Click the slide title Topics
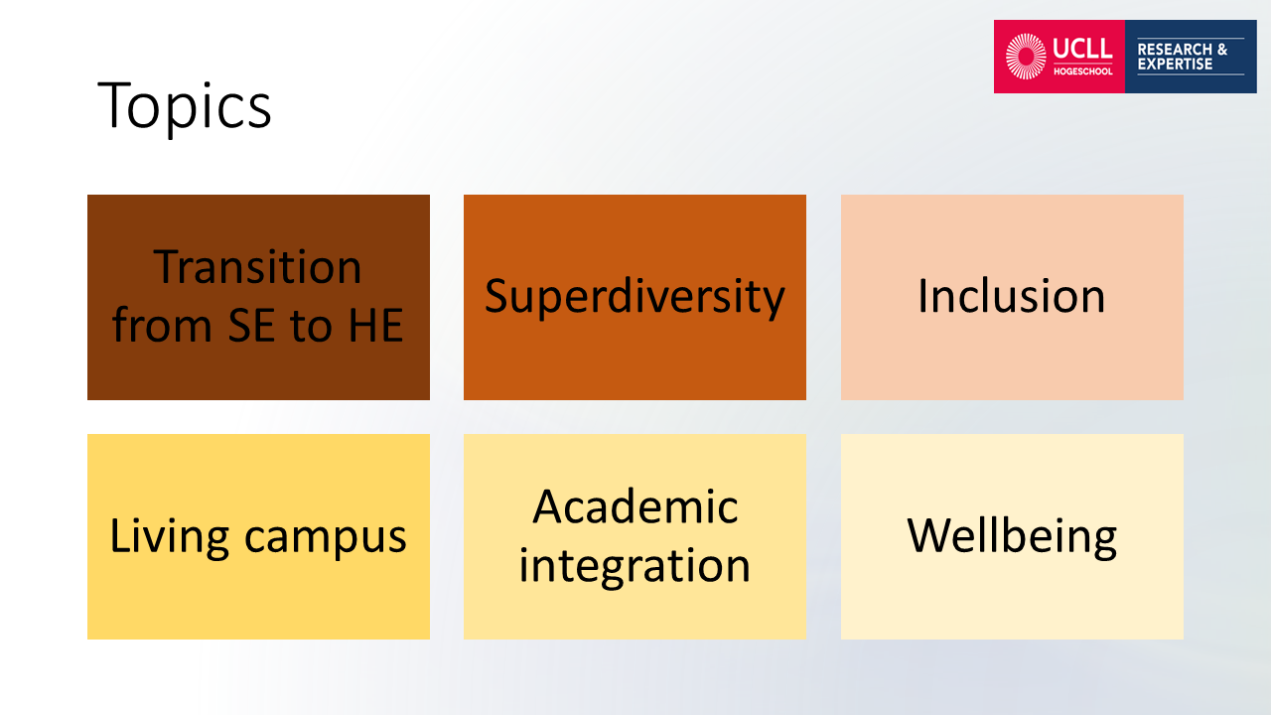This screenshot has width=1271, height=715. pos(185,106)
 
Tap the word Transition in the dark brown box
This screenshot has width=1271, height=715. pos(257,267)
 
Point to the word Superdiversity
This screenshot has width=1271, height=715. pos(635,297)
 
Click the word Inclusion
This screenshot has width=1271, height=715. pos(1012,296)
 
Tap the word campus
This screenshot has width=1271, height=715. pos(325,539)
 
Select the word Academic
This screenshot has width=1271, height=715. pos(635,506)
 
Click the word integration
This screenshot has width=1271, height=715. pos(635,567)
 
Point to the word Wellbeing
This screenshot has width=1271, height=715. pos(1012,537)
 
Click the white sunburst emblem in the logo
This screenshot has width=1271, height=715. pos(1026,57)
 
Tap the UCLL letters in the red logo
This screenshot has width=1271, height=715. pos(1082,49)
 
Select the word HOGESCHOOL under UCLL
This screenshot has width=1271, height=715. pos(1083,71)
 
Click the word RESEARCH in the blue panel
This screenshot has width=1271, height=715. pos(1175,50)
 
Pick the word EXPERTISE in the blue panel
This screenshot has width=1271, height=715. pos(1175,65)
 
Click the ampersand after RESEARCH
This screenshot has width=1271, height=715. pos(1222,50)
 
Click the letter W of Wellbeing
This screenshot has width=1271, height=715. pos(928,535)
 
